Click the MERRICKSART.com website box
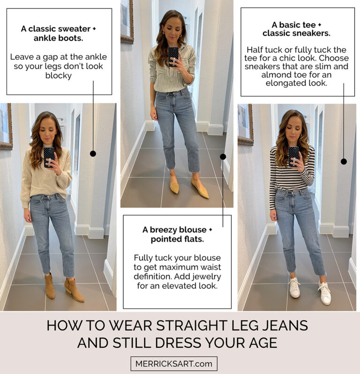tap(174, 364)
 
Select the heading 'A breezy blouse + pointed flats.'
tap(177, 235)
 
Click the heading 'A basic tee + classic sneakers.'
tap(297, 29)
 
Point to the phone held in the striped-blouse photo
tap(173, 56)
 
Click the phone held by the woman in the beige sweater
tap(49, 157)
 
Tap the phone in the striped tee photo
tap(293, 156)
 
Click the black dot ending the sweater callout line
tap(93, 153)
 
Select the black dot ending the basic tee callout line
tap(344, 161)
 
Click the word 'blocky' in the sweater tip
tap(59, 76)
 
